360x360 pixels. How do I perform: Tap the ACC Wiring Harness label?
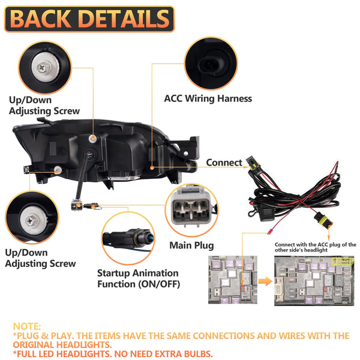pos(208,98)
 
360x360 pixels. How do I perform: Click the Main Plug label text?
pos(191,245)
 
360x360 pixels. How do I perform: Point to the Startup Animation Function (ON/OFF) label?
pos(137,278)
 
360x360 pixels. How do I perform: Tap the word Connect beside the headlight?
pos(224,163)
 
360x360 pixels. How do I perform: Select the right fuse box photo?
pos(314,281)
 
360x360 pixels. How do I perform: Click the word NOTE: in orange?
pos(26,326)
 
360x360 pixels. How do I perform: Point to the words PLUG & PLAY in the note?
pos(46,335)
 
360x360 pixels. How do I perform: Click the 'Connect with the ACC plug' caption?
pos(315,248)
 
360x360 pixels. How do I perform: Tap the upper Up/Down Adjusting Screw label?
pos(44,106)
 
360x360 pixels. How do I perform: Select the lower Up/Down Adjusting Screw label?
pos(41,258)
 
